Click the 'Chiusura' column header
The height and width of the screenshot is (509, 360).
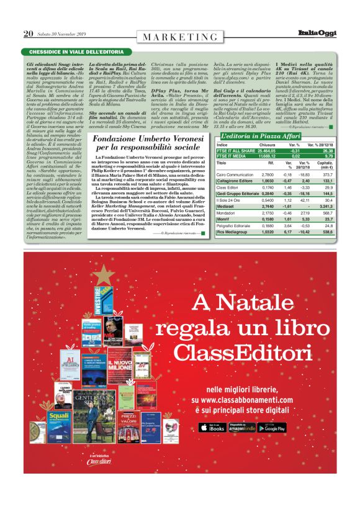click(267, 145)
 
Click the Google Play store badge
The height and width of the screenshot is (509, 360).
click(272, 426)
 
